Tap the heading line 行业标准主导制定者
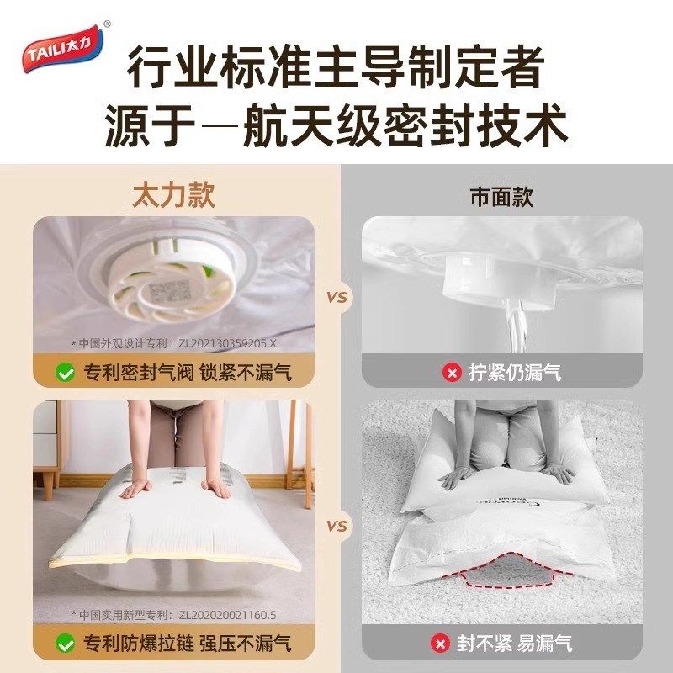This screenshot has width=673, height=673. (336, 67)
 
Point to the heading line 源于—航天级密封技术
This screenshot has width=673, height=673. (336, 126)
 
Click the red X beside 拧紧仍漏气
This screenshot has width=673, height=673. (452, 372)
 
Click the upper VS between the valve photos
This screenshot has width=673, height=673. (337, 298)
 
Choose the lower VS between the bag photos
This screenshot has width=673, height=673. (337, 527)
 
